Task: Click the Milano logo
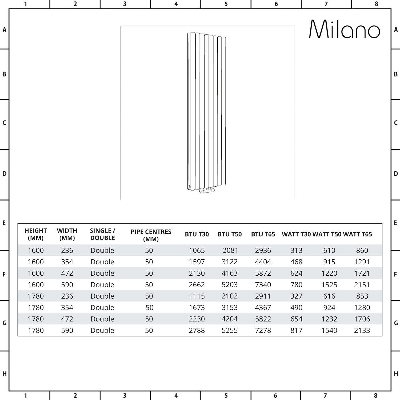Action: [x=344, y=29]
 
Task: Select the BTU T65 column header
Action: [x=263, y=234]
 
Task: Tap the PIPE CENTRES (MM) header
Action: [x=151, y=235]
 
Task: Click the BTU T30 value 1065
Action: [x=197, y=250]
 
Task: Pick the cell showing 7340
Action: [x=263, y=285]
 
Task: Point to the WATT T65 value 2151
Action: [x=362, y=285]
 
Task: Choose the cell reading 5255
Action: [x=230, y=330]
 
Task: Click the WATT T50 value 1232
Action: [x=329, y=319]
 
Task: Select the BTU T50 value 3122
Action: [x=230, y=262]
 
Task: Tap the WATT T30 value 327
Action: [x=296, y=296]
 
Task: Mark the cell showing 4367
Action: [x=263, y=307]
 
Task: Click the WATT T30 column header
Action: [x=296, y=234]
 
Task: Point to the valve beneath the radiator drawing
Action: [x=207, y=190]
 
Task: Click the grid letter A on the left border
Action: [x=4, y=30]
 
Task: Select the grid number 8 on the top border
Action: [x=376, y=4]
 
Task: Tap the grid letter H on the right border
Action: [x=396, y=374]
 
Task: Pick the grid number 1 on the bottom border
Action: [x=26, y=396]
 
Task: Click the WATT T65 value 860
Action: [x=362, y=250]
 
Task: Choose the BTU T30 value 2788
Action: [x=197, y=330]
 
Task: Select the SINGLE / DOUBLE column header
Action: [x=102, y=234]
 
